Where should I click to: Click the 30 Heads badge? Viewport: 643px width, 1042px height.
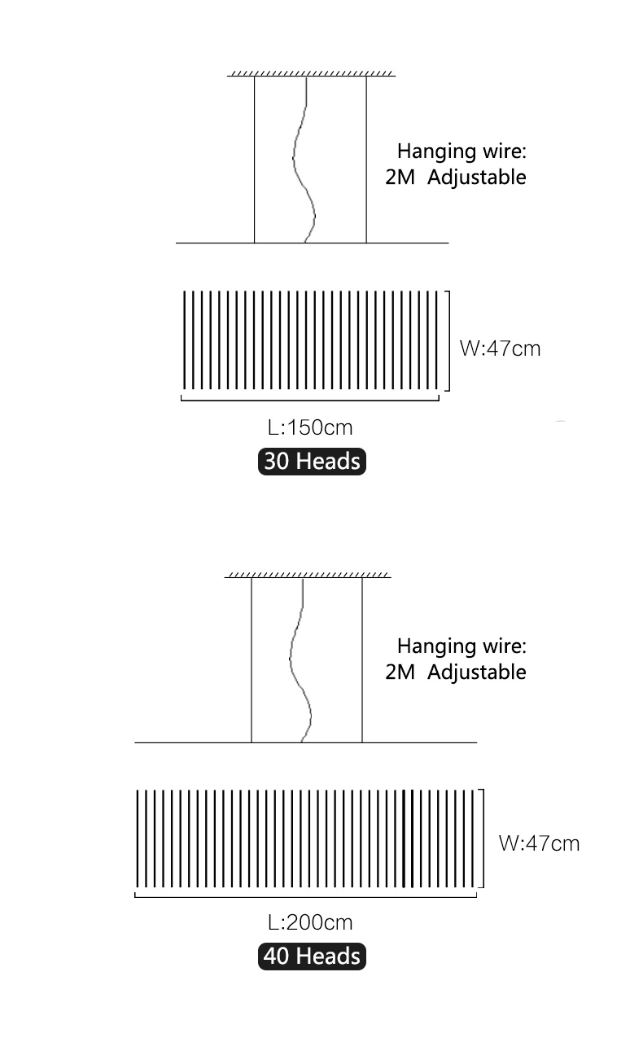coord(312,461)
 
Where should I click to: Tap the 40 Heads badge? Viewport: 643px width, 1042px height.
coord(312,956)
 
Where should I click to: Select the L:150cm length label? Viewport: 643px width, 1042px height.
coord(310,427)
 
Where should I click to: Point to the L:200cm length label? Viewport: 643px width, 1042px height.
coord(310,922)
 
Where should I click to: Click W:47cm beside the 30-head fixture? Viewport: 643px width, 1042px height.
coord(500,348)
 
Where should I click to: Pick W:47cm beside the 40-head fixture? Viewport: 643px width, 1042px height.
coord(539,843)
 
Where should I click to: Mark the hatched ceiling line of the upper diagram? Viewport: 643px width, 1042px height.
coord(311,74)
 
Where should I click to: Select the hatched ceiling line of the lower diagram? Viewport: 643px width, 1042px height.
coord(308,576)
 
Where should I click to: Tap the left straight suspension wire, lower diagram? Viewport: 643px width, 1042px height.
coord(252,659)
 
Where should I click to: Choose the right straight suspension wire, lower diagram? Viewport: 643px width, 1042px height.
coord(362,659)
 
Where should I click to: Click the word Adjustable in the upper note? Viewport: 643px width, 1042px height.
coord(477,177)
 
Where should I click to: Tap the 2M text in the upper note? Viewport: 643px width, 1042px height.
coord(400,177)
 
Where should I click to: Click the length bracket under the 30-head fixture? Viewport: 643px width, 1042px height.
coord(309,399)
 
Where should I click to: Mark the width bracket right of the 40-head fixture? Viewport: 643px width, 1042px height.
coord(483,838)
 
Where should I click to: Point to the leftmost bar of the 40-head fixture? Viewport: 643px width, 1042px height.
coord(138,838)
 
